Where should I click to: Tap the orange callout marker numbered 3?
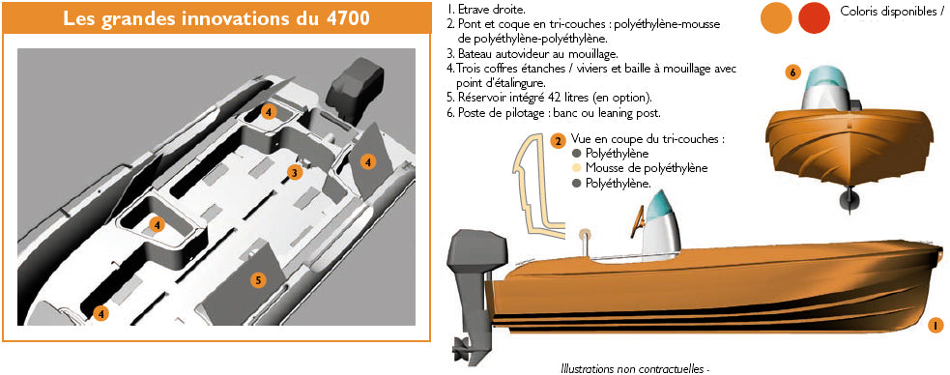point(294,173)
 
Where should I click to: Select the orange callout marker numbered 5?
point(258,280)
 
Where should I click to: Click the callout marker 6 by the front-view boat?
point(792,72)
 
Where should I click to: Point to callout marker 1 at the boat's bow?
point(934,326)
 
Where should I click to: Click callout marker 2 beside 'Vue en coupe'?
point(558,141)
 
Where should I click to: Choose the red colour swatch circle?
point(814,16)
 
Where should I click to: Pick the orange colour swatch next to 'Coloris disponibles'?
point(776,16)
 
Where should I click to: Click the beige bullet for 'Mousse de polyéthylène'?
point(576,168)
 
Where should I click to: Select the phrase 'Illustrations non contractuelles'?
point(633,367)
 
